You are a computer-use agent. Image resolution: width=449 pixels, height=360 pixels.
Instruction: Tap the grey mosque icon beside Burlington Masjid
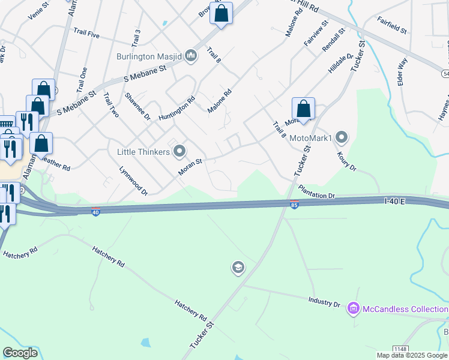pos(191,56)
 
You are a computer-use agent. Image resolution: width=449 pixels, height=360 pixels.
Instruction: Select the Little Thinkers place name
pos(143,152)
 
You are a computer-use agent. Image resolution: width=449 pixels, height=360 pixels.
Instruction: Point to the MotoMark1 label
pos(311,139)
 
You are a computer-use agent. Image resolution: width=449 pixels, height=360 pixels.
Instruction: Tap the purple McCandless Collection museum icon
pos(354,309)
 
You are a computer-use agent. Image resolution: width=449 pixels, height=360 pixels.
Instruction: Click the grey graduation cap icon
pos(238,267)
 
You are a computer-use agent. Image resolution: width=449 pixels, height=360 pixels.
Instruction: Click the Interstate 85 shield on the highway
pos(294,204)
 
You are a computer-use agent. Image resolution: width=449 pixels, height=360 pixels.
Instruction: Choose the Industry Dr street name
pos(325,301)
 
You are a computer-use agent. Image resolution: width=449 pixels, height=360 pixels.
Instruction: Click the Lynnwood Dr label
pos(133,181)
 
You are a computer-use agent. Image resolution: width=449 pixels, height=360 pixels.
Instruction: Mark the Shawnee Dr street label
pos(137,106)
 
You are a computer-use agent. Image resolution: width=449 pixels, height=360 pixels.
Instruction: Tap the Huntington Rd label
pos(177,109)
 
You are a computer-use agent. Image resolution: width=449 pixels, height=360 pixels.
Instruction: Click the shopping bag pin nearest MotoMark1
pos(304,110)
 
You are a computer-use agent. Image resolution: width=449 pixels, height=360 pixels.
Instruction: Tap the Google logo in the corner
pos(20,353)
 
